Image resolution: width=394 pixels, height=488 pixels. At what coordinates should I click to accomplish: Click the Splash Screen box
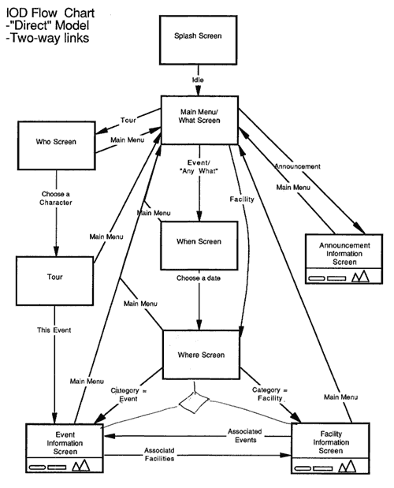198,40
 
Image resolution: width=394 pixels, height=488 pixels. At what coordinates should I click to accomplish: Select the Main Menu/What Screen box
199,120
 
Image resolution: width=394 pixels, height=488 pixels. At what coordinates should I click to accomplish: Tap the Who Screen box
56,145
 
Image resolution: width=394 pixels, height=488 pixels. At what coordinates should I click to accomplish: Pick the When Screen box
199,245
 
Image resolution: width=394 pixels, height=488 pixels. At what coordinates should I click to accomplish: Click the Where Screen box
201,355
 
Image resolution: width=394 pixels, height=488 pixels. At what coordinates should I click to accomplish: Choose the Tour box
54,281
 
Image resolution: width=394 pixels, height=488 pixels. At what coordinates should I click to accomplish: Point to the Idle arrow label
198,80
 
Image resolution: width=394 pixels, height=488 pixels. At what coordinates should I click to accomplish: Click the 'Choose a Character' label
56,198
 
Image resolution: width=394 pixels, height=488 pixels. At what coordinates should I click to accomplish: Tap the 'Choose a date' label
199,278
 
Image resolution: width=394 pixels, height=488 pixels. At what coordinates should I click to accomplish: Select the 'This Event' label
54,330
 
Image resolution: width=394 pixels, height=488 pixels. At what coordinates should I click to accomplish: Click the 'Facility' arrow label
242,199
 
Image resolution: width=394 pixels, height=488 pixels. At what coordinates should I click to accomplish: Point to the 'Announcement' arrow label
297,166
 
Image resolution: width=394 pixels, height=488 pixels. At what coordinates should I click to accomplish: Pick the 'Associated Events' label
245,436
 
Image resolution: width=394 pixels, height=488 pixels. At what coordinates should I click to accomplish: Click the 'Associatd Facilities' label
159,454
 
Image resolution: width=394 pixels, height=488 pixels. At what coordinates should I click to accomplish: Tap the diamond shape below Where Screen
194,403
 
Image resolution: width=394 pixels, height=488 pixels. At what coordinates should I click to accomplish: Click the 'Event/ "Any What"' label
199,167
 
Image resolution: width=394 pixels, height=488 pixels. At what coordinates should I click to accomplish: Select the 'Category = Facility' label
270,394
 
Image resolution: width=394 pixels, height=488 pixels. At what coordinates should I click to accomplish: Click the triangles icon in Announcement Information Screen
360,276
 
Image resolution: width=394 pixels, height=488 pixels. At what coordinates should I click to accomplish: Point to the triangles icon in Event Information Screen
81,465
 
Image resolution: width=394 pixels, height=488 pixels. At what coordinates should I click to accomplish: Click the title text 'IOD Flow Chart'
50,13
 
